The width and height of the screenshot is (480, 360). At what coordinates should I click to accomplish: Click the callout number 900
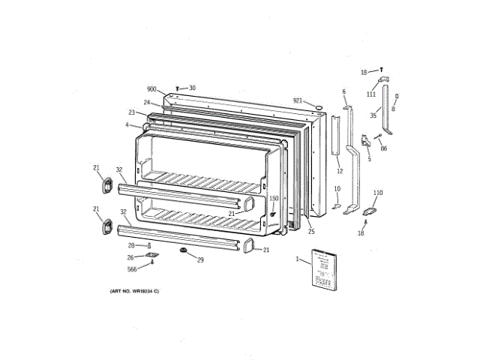(151, 89)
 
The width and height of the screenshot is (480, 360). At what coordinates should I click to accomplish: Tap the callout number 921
(298, 100)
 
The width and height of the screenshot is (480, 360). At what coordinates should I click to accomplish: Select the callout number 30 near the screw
(192, 88)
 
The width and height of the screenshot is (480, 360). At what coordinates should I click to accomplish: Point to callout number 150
(274, 199)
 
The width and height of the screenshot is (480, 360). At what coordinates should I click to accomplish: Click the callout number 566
(131, 268)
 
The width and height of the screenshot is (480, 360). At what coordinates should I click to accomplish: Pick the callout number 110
(378, 193)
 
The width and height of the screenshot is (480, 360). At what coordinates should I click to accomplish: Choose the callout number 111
(370, 94)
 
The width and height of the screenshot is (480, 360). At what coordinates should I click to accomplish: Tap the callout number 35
(373, 116)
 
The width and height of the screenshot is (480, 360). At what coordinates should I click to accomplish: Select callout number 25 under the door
(311, 231)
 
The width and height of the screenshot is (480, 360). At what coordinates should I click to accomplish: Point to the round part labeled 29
(183, 250)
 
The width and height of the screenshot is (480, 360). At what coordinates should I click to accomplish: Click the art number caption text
(134, 290)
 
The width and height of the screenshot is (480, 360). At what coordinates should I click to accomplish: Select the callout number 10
(337, 188)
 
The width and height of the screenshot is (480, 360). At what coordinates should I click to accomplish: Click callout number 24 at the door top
(147, 102)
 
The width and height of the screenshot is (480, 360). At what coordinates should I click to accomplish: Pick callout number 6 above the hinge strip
(344, 91)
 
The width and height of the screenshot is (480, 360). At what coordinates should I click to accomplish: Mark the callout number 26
(131, 257)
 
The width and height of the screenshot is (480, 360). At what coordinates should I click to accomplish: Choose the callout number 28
(130, 245)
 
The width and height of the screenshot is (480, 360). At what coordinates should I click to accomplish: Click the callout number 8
(392, 109)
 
